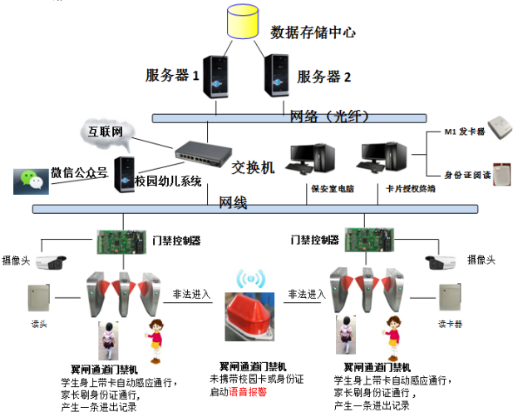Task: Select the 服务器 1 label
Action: [172, 76]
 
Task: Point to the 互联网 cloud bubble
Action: [106, 132]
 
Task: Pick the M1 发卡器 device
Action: [501, 127]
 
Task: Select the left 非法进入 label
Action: [191, 294]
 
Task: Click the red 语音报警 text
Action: [249, 390]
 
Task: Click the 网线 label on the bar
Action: [233, 202]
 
